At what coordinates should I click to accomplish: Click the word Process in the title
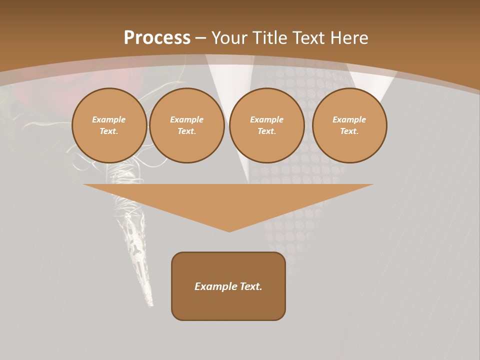pyautogui.click(x=157, y=38)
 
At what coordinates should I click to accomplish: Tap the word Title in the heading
pyautogui.click(x=270, y=38)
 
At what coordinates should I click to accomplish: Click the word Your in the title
pyautogui.click(x=230, y=38)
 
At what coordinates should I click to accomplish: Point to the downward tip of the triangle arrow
pyautogui.click(x=229, y=230)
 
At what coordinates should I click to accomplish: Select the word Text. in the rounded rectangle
pyautogui.click(x=250, y=286)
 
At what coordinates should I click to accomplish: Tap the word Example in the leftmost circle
pyautogui.click(x=109, y=119)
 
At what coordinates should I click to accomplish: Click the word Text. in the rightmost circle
pyautogui.click(x=349, y=131)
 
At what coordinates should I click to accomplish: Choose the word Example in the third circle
pyautogui.click(x=267, y=119)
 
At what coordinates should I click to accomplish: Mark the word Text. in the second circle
pyautogui.click(x=187, y=131)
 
